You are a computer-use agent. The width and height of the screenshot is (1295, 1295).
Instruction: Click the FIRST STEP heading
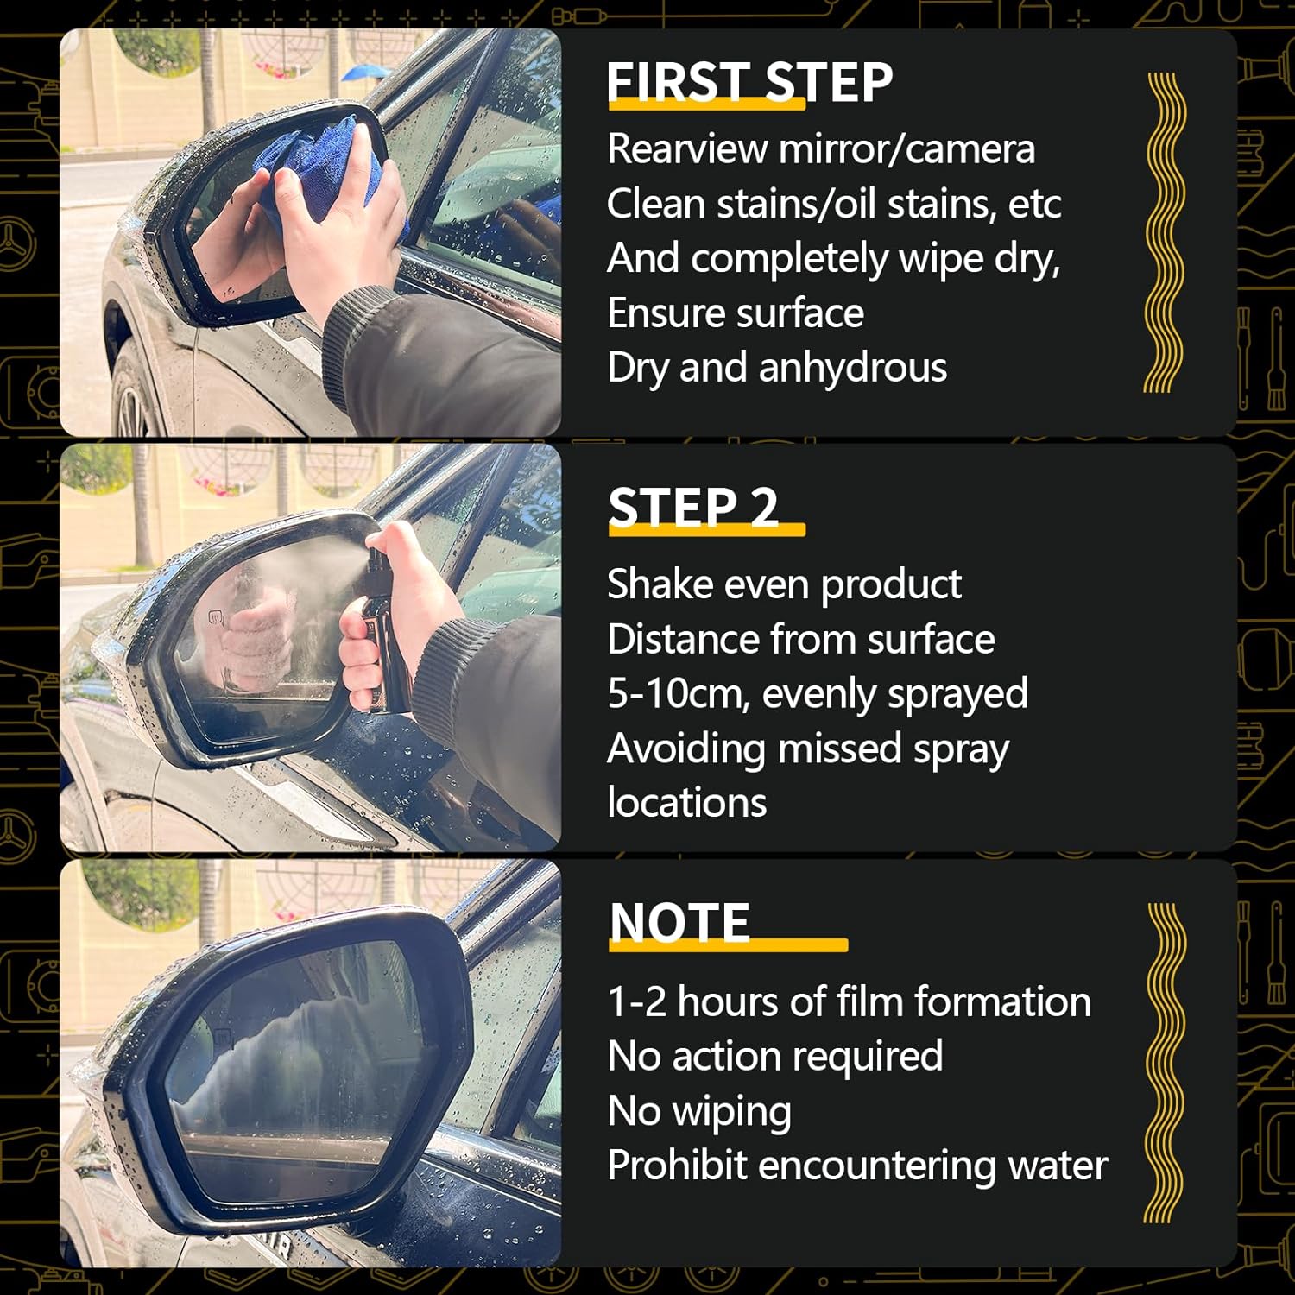point(749,83)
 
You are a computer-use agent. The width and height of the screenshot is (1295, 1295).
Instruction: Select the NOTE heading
point(680,922)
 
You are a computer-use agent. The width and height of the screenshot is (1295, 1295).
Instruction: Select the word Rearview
point(687,148)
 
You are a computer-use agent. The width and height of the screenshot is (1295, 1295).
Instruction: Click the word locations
point(687,803)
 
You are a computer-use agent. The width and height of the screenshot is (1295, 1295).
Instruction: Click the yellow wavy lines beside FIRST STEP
point(1164,233)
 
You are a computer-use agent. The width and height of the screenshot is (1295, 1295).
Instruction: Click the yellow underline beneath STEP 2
point(707,530)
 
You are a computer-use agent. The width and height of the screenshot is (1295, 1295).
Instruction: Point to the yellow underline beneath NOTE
point(728,945)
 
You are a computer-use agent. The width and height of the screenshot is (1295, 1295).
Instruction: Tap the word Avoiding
point(686,749)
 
